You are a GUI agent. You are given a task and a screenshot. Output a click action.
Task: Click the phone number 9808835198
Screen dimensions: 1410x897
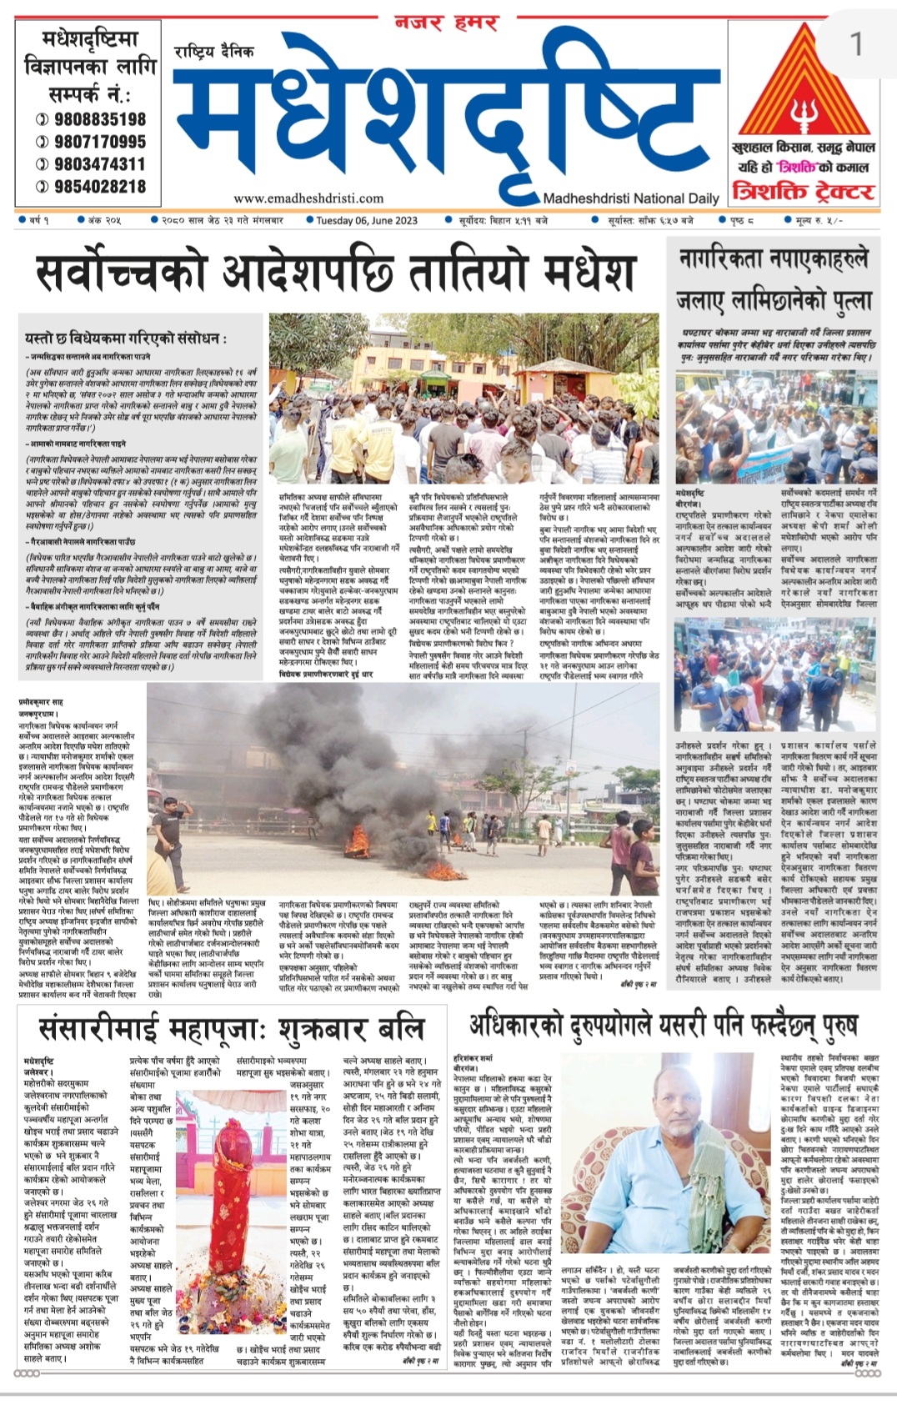click(x=100, y=119)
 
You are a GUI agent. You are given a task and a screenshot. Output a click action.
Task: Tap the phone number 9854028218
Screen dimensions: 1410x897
click(x=100, y=187)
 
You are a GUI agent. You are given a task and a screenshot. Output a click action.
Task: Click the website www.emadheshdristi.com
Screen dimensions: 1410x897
click(x=308, y=198)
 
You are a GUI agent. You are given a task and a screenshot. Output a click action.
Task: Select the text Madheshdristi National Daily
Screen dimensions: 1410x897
click(x=630, y=198)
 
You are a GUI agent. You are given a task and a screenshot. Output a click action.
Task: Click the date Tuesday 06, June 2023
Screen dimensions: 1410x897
click(x=367, y=220)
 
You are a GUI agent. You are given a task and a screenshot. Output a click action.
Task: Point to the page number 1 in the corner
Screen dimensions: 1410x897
click(x=855, y=44)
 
